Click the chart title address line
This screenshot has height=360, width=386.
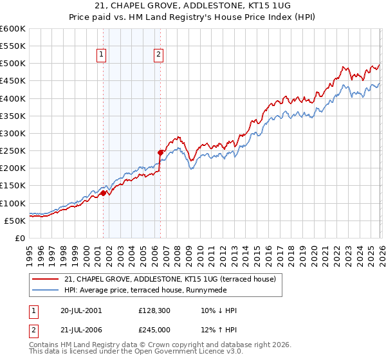coord(192,6)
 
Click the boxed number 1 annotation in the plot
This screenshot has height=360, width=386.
coord(102,55)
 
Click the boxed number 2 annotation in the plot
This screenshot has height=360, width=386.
coord(158,55)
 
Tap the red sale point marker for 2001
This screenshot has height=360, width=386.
coord(103,193)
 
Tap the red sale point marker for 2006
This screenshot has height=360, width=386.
coord(160,152)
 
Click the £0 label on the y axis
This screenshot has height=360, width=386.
coord(21,238)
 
